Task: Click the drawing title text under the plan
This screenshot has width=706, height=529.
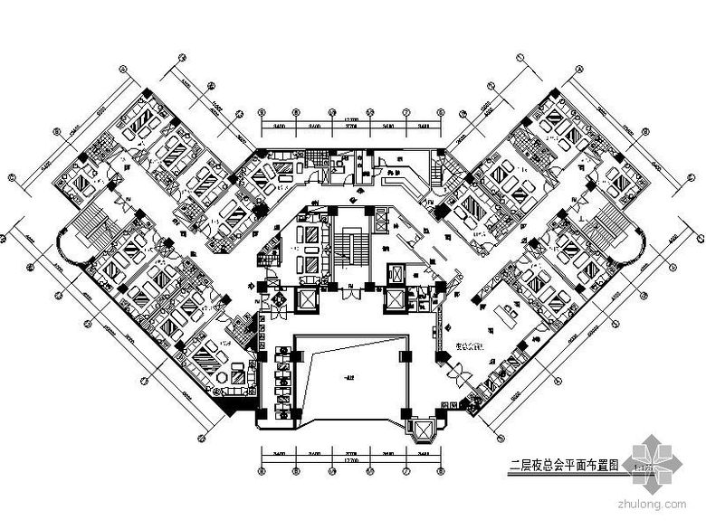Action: [x=564, y=466]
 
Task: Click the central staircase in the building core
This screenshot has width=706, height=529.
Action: [x=348, y=243]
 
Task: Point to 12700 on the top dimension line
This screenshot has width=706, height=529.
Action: [x=350, y=119]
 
